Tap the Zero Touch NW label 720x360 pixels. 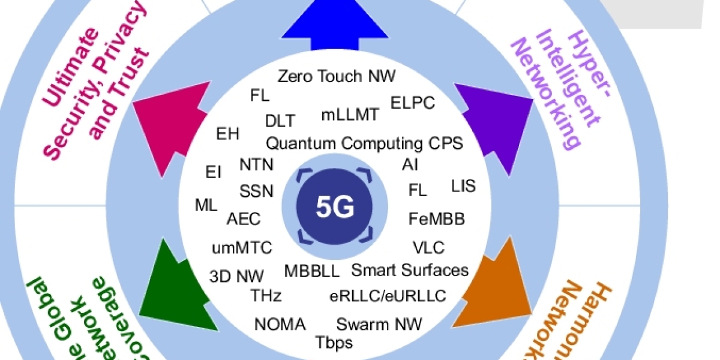pyautogui.click(x=337, y=76)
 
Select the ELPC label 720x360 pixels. pyautogui.click(x=412, y=102)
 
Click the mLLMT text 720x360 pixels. pyautogui.click(x=350, y=115)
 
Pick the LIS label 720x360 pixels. pyautogui.click(x=463, y=186)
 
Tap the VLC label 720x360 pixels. pyautogui.click(x=428, y=247)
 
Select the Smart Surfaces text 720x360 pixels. pyautogui.click(x=409, y=270)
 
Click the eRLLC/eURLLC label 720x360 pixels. pyautogui.click(x=388, y=295)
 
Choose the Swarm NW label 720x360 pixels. pyautogui.click(x=379, y=325)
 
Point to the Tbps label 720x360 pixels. pyautogui.click(x=334, y=343)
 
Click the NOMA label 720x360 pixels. pyautogui.click(x=280, y=325)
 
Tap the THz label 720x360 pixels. pyautogui.click(x=266, y=295)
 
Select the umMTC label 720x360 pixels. pyautogui.click(x=242, y=247)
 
